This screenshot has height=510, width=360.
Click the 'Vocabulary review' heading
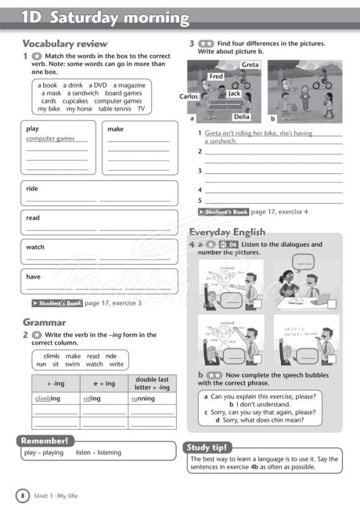(56, 44)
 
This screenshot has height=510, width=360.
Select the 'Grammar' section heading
(44, 322)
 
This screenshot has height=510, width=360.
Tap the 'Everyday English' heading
(227, 232)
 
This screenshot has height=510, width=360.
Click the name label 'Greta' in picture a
(250, 65)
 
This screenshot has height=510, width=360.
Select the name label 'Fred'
(216, 76)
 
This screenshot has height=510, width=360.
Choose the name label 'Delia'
(241, 117)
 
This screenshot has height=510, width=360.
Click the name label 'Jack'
(234, 93)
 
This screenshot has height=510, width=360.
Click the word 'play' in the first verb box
(32, 129)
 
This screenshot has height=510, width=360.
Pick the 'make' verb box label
(115, 129)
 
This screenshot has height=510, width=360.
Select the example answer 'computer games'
(50, 138)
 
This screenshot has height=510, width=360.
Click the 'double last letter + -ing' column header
(152, 383)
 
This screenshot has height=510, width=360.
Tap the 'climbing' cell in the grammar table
(47, 398)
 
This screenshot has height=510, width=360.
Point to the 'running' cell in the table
(143, 398)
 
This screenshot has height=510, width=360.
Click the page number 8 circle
(22, 495)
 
